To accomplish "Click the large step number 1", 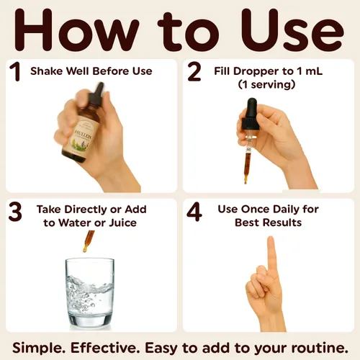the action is tap(15, 71).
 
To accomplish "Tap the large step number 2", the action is tap(194, 71).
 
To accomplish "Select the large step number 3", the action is tap(15, 212).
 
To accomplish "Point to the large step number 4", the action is tap(194, 212).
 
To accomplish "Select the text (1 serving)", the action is tap(266, 84).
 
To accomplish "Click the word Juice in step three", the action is tap(123, 222).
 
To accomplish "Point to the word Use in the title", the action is tap(292, 30).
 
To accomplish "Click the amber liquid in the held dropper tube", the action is tap(247, 164).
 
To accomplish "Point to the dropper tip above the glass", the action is tap(85, 250).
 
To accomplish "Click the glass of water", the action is tap(90, 292).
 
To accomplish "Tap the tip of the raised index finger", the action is tap(271, 239).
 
